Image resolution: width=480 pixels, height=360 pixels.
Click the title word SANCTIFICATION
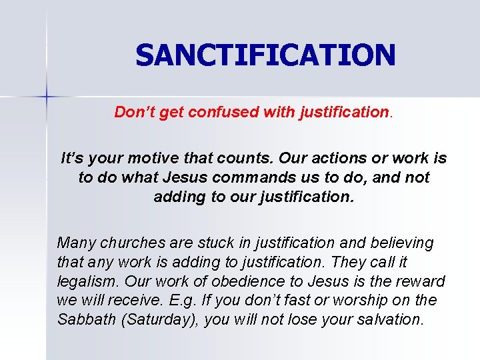click(265, 55)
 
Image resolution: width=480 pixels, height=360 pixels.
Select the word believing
click(399, 243)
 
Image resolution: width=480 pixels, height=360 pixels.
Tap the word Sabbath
click(85, 319)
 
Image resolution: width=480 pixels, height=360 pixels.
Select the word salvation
click(391, 319)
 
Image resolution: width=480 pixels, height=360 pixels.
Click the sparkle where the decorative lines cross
click(47, 97)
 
